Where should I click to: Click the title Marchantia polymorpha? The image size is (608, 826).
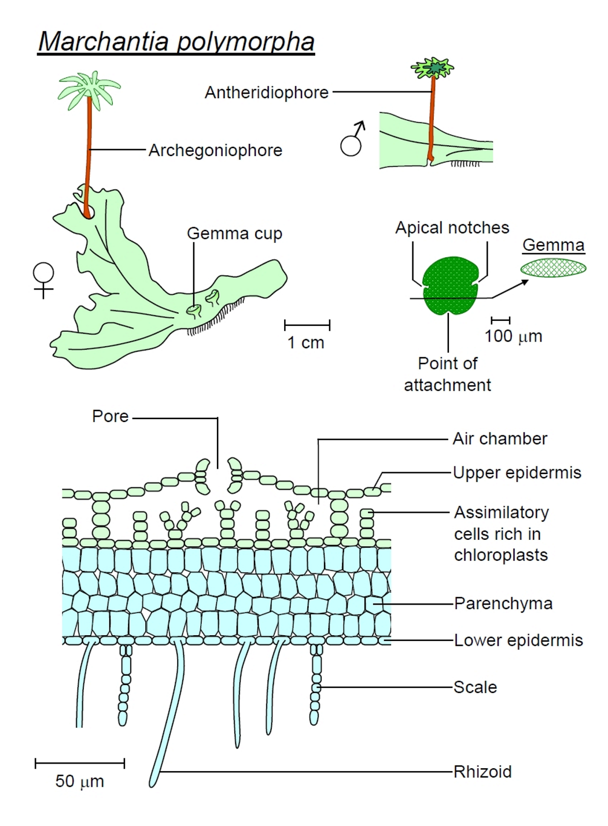(x=176, y=42)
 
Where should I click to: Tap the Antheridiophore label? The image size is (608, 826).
(x=267, y=92)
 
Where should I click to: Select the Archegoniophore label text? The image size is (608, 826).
(x=215, y=150)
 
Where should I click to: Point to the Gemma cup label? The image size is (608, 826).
(x=234, y=234)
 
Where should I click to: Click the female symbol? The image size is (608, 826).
(x=43, y=280)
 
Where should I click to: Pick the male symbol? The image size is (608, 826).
(x=352, y=138)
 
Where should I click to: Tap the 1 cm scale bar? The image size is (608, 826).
(x=307, y=325)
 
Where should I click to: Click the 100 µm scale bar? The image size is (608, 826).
(x=500, y=320)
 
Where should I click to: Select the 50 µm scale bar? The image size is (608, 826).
(x=80, y=764)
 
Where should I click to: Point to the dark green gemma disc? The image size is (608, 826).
(x=450, y=286)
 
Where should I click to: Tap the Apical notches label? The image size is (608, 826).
(x=452, y=228)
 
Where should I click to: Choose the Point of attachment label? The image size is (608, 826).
(x=447, y=375)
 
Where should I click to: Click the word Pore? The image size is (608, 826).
(x=110, y=416)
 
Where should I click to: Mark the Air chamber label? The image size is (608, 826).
(x=500, y=439)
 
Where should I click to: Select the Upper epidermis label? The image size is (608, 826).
(x=517, y=473)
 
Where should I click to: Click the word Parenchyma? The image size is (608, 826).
(x=503, y=603)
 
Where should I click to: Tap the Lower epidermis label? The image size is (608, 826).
(x=518, y=640)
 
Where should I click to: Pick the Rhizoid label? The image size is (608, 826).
(x=482, y=772)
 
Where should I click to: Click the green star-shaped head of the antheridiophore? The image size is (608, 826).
(x=433, y=69)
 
